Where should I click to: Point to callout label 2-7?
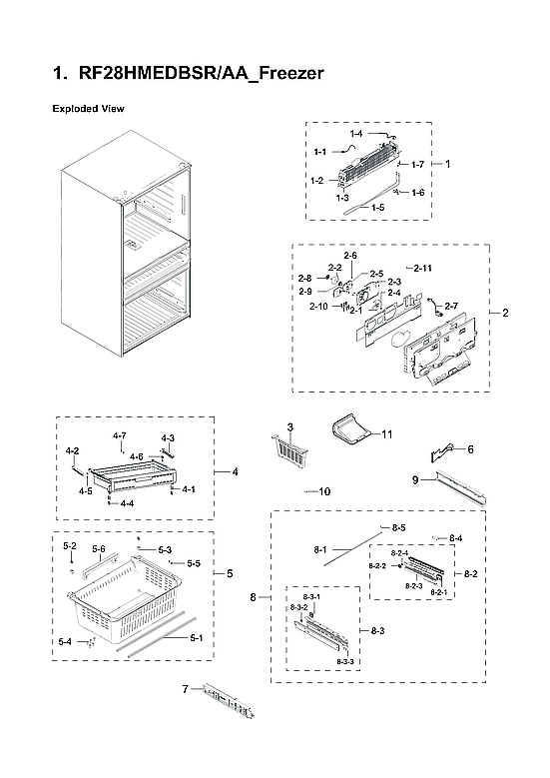(450, 306)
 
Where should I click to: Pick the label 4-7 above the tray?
(120, 435)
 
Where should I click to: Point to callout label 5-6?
(99, 549)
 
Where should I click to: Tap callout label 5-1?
(196, 638)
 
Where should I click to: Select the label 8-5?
(398, 526)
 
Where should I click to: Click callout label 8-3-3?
(346, 662)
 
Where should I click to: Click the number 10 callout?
(323, 491)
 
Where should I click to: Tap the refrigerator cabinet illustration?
(125, 260)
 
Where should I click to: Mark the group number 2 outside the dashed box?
(505, 314)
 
